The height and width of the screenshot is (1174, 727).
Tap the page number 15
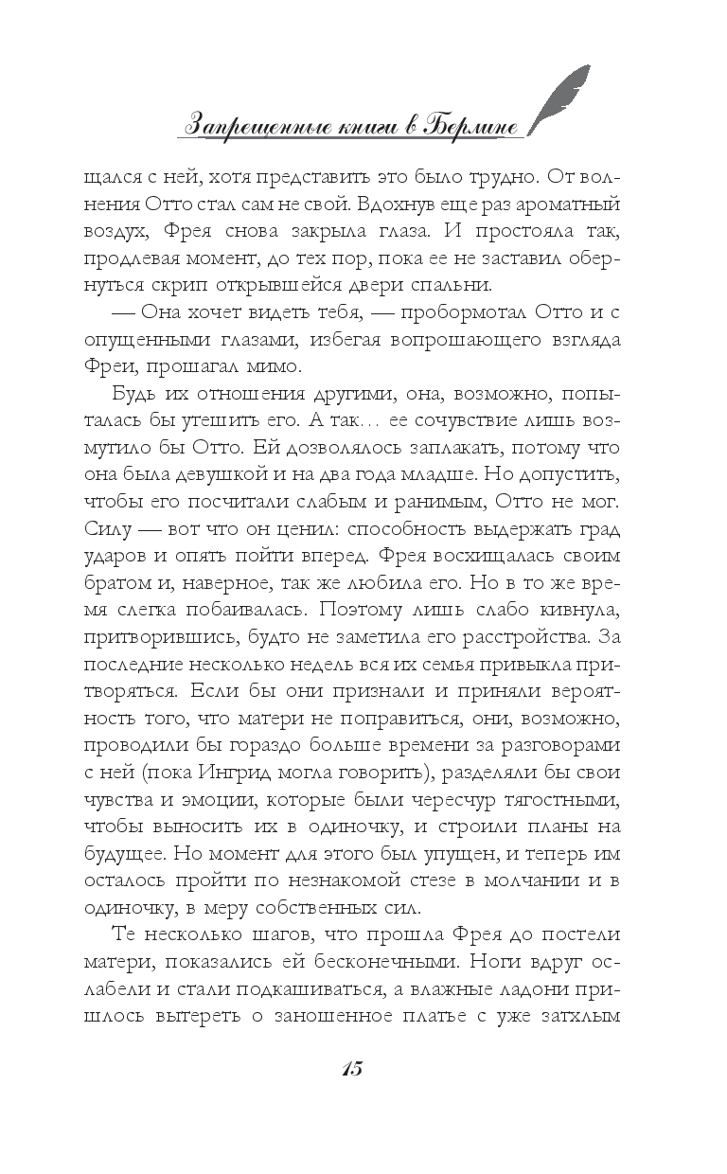(x=349, y=1071)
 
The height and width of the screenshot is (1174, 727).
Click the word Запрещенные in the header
(x=255, y=125)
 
